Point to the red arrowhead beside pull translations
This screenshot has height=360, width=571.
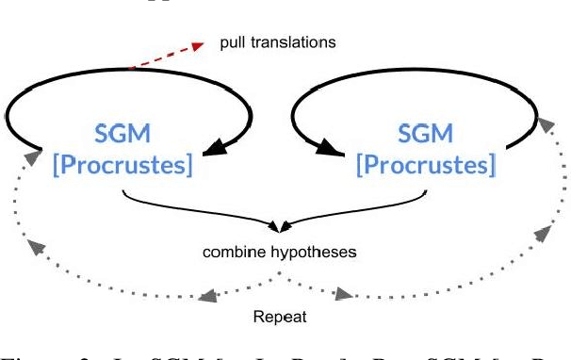point(199,45)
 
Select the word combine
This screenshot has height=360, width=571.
point(232,254)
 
